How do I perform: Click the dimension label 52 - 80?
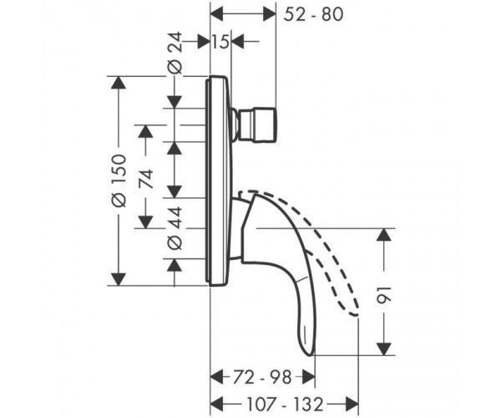point(313,15)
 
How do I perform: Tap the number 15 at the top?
point(220,42)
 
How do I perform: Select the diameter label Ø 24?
point(175,53)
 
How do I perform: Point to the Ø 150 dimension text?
point(119,180)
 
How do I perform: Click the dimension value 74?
point(146,179)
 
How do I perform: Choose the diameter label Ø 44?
point(175,228)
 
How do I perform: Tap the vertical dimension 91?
point(384,295)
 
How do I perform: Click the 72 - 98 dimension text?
point(262,377)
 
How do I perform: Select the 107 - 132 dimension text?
point(285,405)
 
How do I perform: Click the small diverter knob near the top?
point(253,125)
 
